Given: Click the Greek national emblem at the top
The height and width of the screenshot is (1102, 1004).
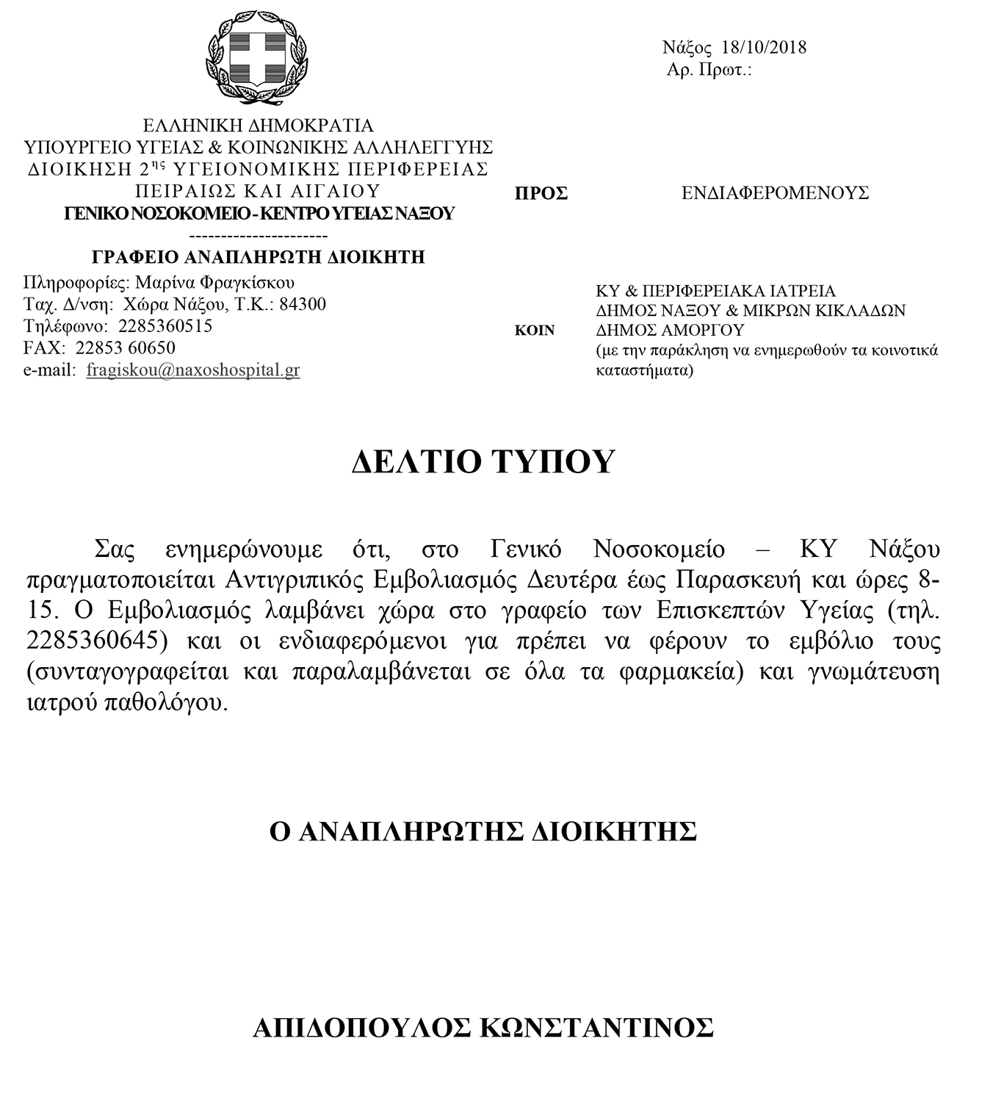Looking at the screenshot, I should pyautogui.click(x=256, y=58).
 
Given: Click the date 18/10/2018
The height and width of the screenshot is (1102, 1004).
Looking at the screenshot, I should pyautogui.click(x=764, y=48).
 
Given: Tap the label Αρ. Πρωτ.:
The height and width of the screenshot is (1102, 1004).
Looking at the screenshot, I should pyautogui.click(x=709, y=70).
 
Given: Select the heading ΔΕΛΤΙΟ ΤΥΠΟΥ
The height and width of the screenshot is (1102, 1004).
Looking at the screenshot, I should pyautogui.click(x=482, y=461).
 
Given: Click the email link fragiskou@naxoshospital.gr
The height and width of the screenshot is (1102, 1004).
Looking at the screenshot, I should pyautogui.click(x=192, y=370).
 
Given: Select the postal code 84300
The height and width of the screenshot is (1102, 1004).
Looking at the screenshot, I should pyautogui.click(x=303, y=304).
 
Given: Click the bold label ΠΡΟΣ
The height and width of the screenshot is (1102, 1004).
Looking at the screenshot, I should pyautogui.click(x=541, y=193).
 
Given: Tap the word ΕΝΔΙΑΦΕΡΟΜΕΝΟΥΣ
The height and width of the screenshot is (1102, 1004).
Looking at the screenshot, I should pyautogui.click(x=775, y=193).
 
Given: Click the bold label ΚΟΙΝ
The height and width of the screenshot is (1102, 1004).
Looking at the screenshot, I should pyautogui.click(x=535, y=331).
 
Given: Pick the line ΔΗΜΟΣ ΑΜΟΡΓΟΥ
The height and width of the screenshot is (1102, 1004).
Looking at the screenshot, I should pyautogui.click(x=670, y=331).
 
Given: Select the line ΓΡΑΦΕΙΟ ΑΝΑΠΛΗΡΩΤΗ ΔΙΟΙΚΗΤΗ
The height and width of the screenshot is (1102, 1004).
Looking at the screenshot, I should pyautogui.click(x=259, y=257).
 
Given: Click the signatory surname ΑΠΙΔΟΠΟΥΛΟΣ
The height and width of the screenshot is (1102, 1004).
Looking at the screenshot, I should pyautogui.click(x=361, y=1027).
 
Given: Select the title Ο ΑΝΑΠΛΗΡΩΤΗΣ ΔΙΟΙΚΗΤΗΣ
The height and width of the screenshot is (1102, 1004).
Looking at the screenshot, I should pyautogui.click(x=483, y=831).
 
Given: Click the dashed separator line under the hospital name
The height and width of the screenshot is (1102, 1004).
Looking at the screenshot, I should pyautogui.click(x=259, y=236).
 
